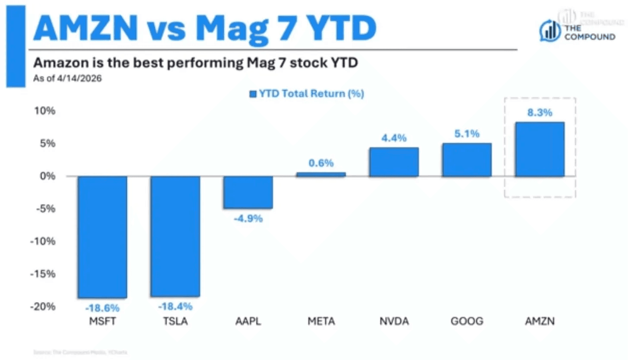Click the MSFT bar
pos(102,237)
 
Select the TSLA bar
pos(175,236)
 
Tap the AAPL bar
pos(248,192)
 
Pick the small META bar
pos(321,174)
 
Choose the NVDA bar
pos(394,162)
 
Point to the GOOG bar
pos(467,160)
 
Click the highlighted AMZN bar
pos(540,149)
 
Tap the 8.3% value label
pos(540,113)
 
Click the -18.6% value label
pos(102,308)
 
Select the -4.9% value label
pos(248,219)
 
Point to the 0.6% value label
pos(321,163)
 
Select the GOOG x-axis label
pos(467,322)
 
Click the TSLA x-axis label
pos(175,322)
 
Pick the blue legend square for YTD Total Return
pos(252,94)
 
